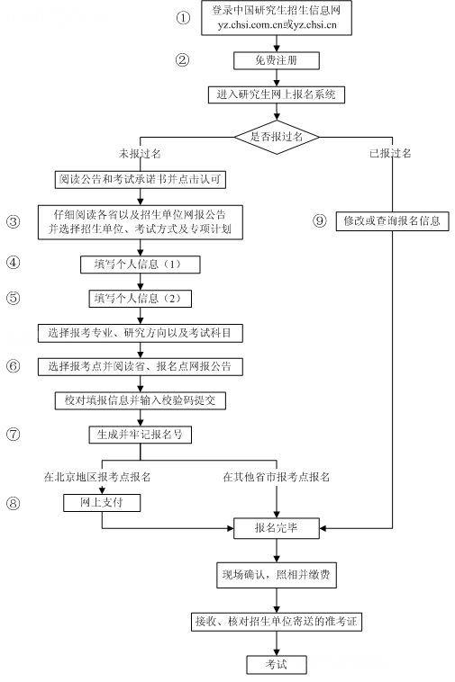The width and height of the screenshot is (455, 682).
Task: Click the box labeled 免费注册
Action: pos(277,60)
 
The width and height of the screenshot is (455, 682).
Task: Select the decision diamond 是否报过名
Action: pos(277,135)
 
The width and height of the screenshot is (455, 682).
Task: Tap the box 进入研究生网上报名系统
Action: pos(277,94)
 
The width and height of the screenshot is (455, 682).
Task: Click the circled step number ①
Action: pos(184,17)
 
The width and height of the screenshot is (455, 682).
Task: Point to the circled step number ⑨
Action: pos(319,221)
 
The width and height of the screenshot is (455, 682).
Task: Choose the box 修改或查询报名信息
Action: pos(392,220)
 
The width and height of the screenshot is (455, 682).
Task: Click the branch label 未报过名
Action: pos(139,154)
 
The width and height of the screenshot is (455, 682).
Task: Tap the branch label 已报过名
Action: pos(390,154)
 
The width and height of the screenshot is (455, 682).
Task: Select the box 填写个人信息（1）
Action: pos(139,265)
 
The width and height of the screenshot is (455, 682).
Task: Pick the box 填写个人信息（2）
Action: pos(139,298)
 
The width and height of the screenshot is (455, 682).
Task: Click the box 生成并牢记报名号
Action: pos(139,434)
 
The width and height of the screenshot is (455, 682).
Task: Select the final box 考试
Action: pos(277,664)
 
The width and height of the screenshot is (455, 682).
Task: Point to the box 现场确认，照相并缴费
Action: pos(277,574)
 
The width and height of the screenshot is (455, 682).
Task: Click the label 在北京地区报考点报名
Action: pos(96,476)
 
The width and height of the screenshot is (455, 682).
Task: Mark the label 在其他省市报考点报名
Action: pos(277,476)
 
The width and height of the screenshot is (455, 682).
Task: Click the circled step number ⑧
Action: pos(13,503)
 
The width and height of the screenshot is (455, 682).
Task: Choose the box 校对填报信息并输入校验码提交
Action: pos(139,399)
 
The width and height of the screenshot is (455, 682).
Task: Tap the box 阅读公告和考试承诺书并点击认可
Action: pos(139,179)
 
